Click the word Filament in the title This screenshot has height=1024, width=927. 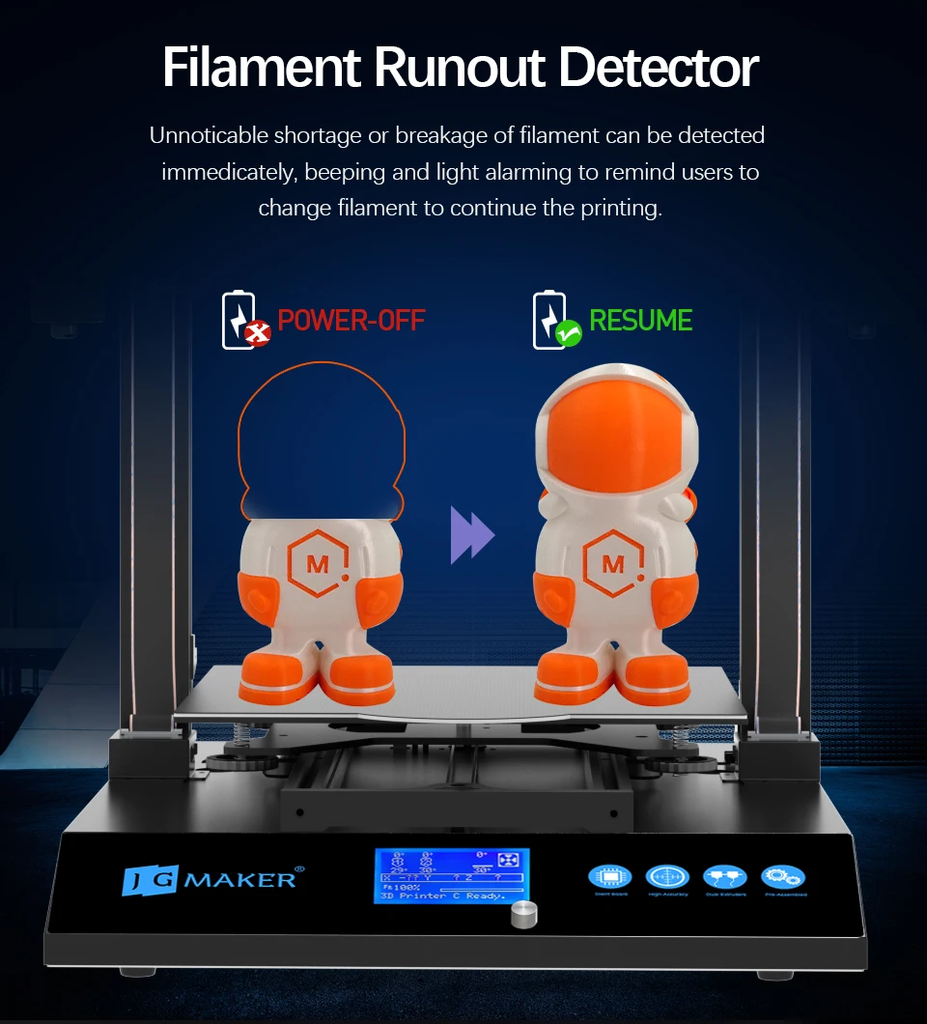click(260, 68)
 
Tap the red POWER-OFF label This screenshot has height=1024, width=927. click(351, 320)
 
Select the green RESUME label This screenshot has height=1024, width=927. click(640, 320)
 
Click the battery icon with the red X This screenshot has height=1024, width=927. click(244, 320)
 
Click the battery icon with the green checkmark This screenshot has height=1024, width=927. click(555, 320)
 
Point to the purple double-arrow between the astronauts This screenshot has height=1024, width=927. click(471, 537)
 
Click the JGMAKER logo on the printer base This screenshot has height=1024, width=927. click(210, 880)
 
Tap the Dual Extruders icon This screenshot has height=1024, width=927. click(724, 876)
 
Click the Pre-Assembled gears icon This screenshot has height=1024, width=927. click(782, 876)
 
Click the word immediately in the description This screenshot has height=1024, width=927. click(225, 173)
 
